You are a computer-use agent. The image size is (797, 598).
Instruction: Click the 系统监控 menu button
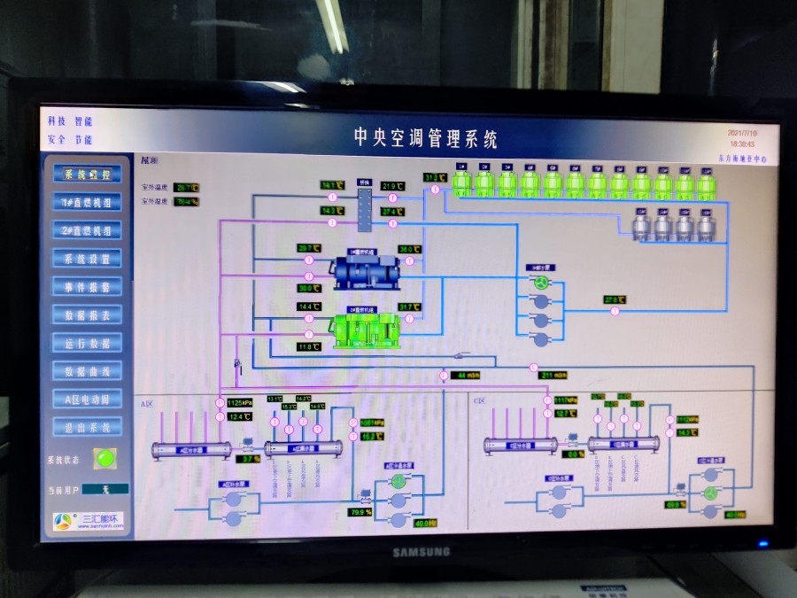[88, 175]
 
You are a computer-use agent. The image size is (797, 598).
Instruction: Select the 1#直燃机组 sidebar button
[88, 203]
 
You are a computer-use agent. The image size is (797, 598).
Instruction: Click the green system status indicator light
[106, 459]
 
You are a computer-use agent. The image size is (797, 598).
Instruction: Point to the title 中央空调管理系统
[426, 138]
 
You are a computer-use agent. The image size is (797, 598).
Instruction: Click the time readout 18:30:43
[742, 143]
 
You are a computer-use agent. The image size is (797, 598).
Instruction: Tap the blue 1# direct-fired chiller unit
[368, 272]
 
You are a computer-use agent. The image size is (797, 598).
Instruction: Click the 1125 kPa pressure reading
[240, 403]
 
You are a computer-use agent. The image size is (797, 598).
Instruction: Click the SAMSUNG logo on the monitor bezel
[422, 552]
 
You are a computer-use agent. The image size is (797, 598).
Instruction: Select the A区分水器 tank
[190, 450]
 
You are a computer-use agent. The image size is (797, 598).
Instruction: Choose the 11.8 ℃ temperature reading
[308, 347]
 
